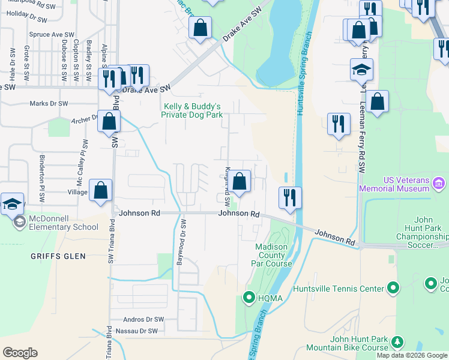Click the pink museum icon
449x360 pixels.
pyautogui.click(x=439, y=182)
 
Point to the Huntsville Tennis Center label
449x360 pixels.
pyautogui.click(x=338, y=289)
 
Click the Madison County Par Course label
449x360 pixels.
pyautogui.click(x=274, y=255)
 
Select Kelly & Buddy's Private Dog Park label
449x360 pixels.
pyautogui.click(x=193, y=110)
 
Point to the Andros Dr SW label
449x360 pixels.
pyautogui.click(x=143, y=320)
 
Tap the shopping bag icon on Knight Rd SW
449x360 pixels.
pyautogui.click(x=239, y=181)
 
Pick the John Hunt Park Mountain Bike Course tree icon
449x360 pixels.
pyautogui.click(x=397, y=342)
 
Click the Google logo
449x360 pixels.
pyautogui.click(x=20, y=353)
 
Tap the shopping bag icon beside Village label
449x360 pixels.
pyautogui.click(x=101, y=190)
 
